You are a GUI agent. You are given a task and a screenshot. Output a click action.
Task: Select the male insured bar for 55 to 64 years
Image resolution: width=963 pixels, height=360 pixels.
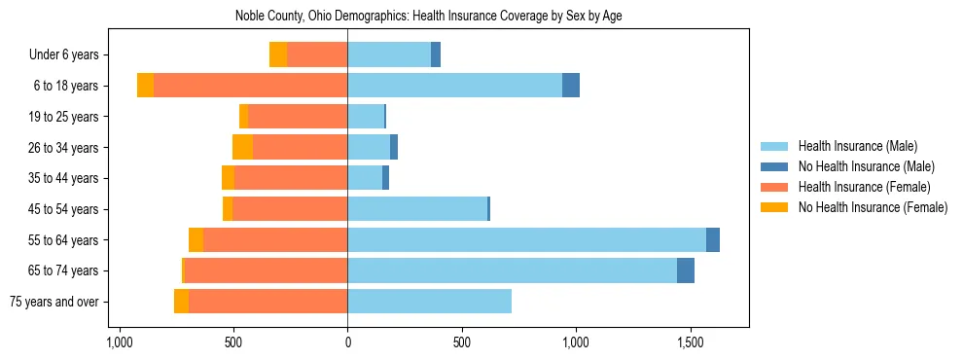point(526,239)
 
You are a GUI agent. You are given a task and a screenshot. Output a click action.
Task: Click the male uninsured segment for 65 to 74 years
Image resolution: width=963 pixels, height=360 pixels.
point(686,270)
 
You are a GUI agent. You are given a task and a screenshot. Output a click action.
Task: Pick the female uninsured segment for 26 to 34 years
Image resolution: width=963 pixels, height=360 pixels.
point(242,147)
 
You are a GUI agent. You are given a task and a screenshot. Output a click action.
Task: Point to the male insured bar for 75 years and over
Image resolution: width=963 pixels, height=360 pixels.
point(429,302)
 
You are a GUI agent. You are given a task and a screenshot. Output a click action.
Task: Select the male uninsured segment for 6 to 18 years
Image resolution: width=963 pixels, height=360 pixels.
point(571,86)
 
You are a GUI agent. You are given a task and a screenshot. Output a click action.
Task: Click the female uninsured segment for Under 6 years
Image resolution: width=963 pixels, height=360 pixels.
point(278,54)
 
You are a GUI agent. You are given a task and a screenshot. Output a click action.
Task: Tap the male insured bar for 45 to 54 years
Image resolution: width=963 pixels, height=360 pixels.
point(417,209)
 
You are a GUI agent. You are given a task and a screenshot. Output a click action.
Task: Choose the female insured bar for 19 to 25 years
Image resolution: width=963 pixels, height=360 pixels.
point(297,117)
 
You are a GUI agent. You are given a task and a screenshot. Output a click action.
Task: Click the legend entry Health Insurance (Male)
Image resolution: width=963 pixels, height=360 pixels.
point(857,146)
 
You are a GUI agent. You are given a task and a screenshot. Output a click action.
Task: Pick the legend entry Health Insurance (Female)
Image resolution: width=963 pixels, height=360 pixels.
point(864,187)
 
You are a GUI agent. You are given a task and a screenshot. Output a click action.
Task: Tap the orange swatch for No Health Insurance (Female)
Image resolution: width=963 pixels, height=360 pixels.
point(774,207)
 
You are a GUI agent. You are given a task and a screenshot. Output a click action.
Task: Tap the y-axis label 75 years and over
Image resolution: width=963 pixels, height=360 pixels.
point(53,302)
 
